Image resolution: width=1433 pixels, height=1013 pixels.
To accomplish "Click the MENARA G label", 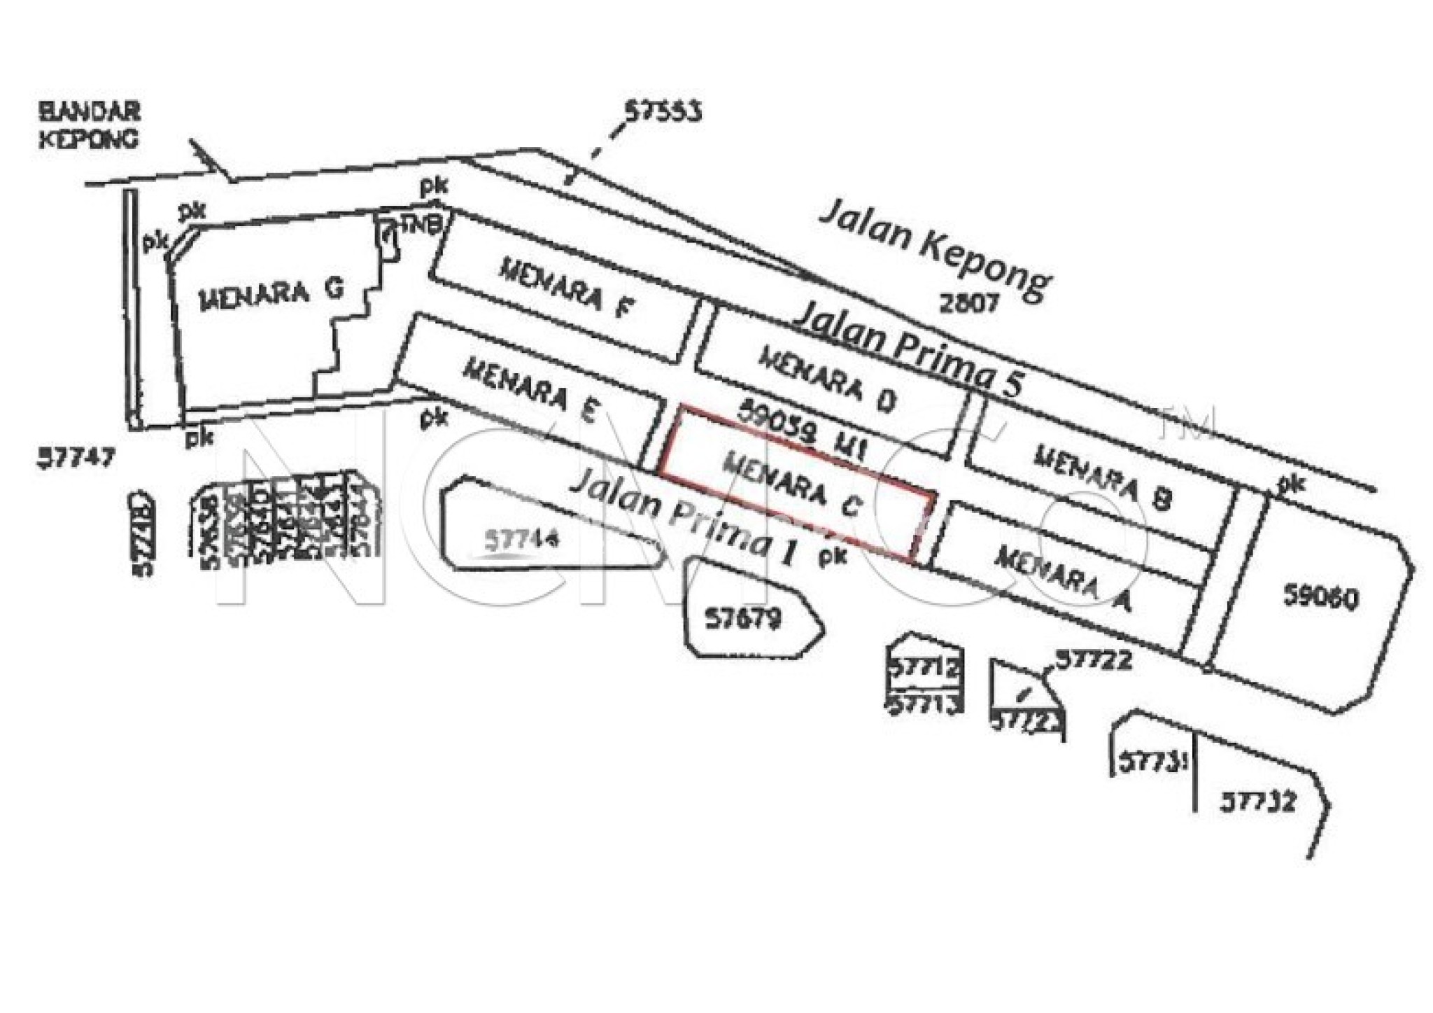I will pos(271,295).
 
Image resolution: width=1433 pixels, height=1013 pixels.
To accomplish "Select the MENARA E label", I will pos(530,390).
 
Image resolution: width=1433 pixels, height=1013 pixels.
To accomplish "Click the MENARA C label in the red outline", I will pos(793,485).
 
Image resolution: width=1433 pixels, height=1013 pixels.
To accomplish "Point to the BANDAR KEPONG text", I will pos(89,125).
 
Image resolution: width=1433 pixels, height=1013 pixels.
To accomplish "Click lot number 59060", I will pos(1320,597).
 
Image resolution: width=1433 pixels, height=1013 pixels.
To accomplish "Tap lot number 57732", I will pos(1258,800).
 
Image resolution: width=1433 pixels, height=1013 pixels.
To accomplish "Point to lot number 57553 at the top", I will pos(662,112).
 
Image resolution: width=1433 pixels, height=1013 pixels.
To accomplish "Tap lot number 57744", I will pos(522,540).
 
